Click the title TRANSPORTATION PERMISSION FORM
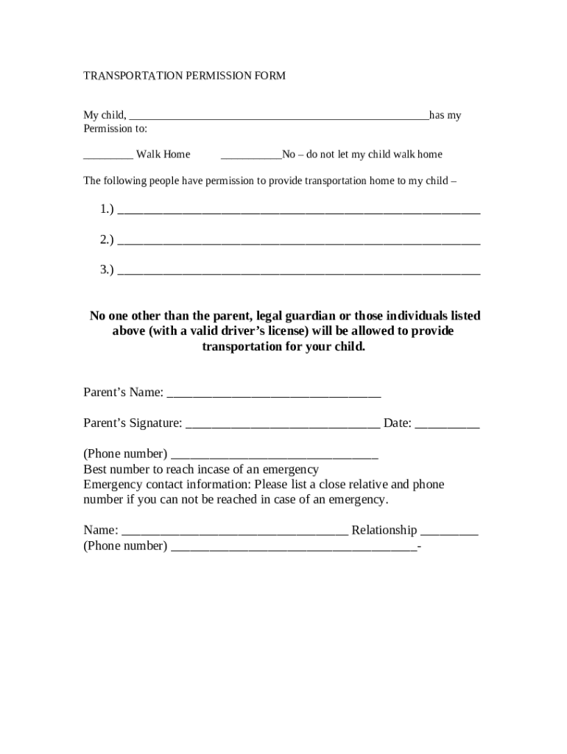point(184,76)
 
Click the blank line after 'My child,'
point(278,116)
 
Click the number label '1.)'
point(107,210)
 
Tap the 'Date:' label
point(397,423)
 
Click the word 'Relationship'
point(384,531)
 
